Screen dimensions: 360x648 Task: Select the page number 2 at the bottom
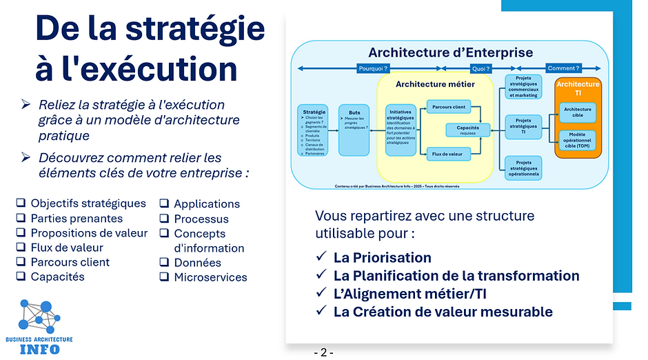click(x=323, y=352)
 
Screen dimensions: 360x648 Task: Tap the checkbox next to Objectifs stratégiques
click(x=21, y=203)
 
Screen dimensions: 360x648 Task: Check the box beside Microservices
click(x=165, y=277)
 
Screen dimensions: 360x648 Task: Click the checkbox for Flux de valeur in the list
click(x=21, y=248)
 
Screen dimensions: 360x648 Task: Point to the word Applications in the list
click(x=207, y=204)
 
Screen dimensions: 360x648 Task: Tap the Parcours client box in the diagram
click(x=447, y=107)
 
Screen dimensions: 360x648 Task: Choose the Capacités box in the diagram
click(x=468, y=130)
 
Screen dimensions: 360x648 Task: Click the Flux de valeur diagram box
click(x=447, y=153)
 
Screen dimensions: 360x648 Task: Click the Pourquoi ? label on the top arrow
click(x=374, y=68)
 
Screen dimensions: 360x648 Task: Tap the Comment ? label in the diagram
click(x=563, y=68)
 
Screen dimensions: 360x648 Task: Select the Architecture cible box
click(x=577, y=112)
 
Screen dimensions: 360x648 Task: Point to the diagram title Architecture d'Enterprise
click(x=450, y=52)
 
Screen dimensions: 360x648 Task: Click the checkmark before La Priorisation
click(x=321, y=257)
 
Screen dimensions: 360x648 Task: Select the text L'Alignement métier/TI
click(x=410, y=294)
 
